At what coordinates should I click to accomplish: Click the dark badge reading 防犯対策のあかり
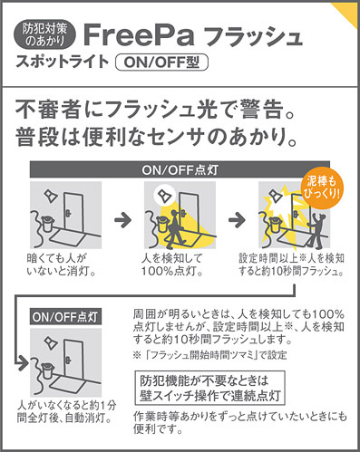click(44, 35)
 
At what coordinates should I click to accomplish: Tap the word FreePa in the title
click(139, 34)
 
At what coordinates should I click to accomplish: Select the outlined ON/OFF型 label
click(162, 63)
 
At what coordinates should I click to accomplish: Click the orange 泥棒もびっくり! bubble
click(323, 188)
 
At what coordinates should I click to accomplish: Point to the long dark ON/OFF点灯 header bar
click(180, 170)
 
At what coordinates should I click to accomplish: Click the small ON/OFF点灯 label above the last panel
click(65, 317)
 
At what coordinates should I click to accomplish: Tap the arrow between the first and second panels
click(123, 219)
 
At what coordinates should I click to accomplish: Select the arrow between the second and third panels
click(237, 219)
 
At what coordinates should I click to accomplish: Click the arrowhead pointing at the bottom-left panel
click(24, 363)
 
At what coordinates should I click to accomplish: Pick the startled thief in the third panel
click(316, 229)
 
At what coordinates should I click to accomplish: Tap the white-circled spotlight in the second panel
click(165, 196)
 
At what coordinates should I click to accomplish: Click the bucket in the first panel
click(46, 223)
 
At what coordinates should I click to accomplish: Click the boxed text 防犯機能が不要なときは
click(204, 381)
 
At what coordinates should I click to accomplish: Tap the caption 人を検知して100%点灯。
click(172, 264)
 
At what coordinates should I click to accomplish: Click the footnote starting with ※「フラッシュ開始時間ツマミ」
click(209, 355)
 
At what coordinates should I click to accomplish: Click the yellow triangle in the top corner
click(347, 12)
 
